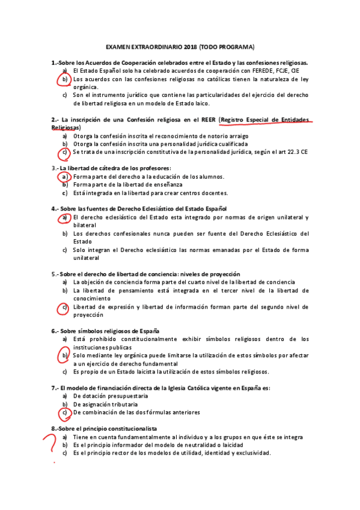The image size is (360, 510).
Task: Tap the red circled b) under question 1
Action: pos(64,79)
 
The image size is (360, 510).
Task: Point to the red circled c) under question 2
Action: pos(64,153)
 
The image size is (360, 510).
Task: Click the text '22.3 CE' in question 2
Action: pos(297,153)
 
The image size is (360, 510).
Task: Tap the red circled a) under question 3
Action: pos(64,177)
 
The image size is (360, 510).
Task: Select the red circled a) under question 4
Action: pos(64,217)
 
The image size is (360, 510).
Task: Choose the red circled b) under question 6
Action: pos(64,356)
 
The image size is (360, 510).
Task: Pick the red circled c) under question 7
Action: pos(64,413)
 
